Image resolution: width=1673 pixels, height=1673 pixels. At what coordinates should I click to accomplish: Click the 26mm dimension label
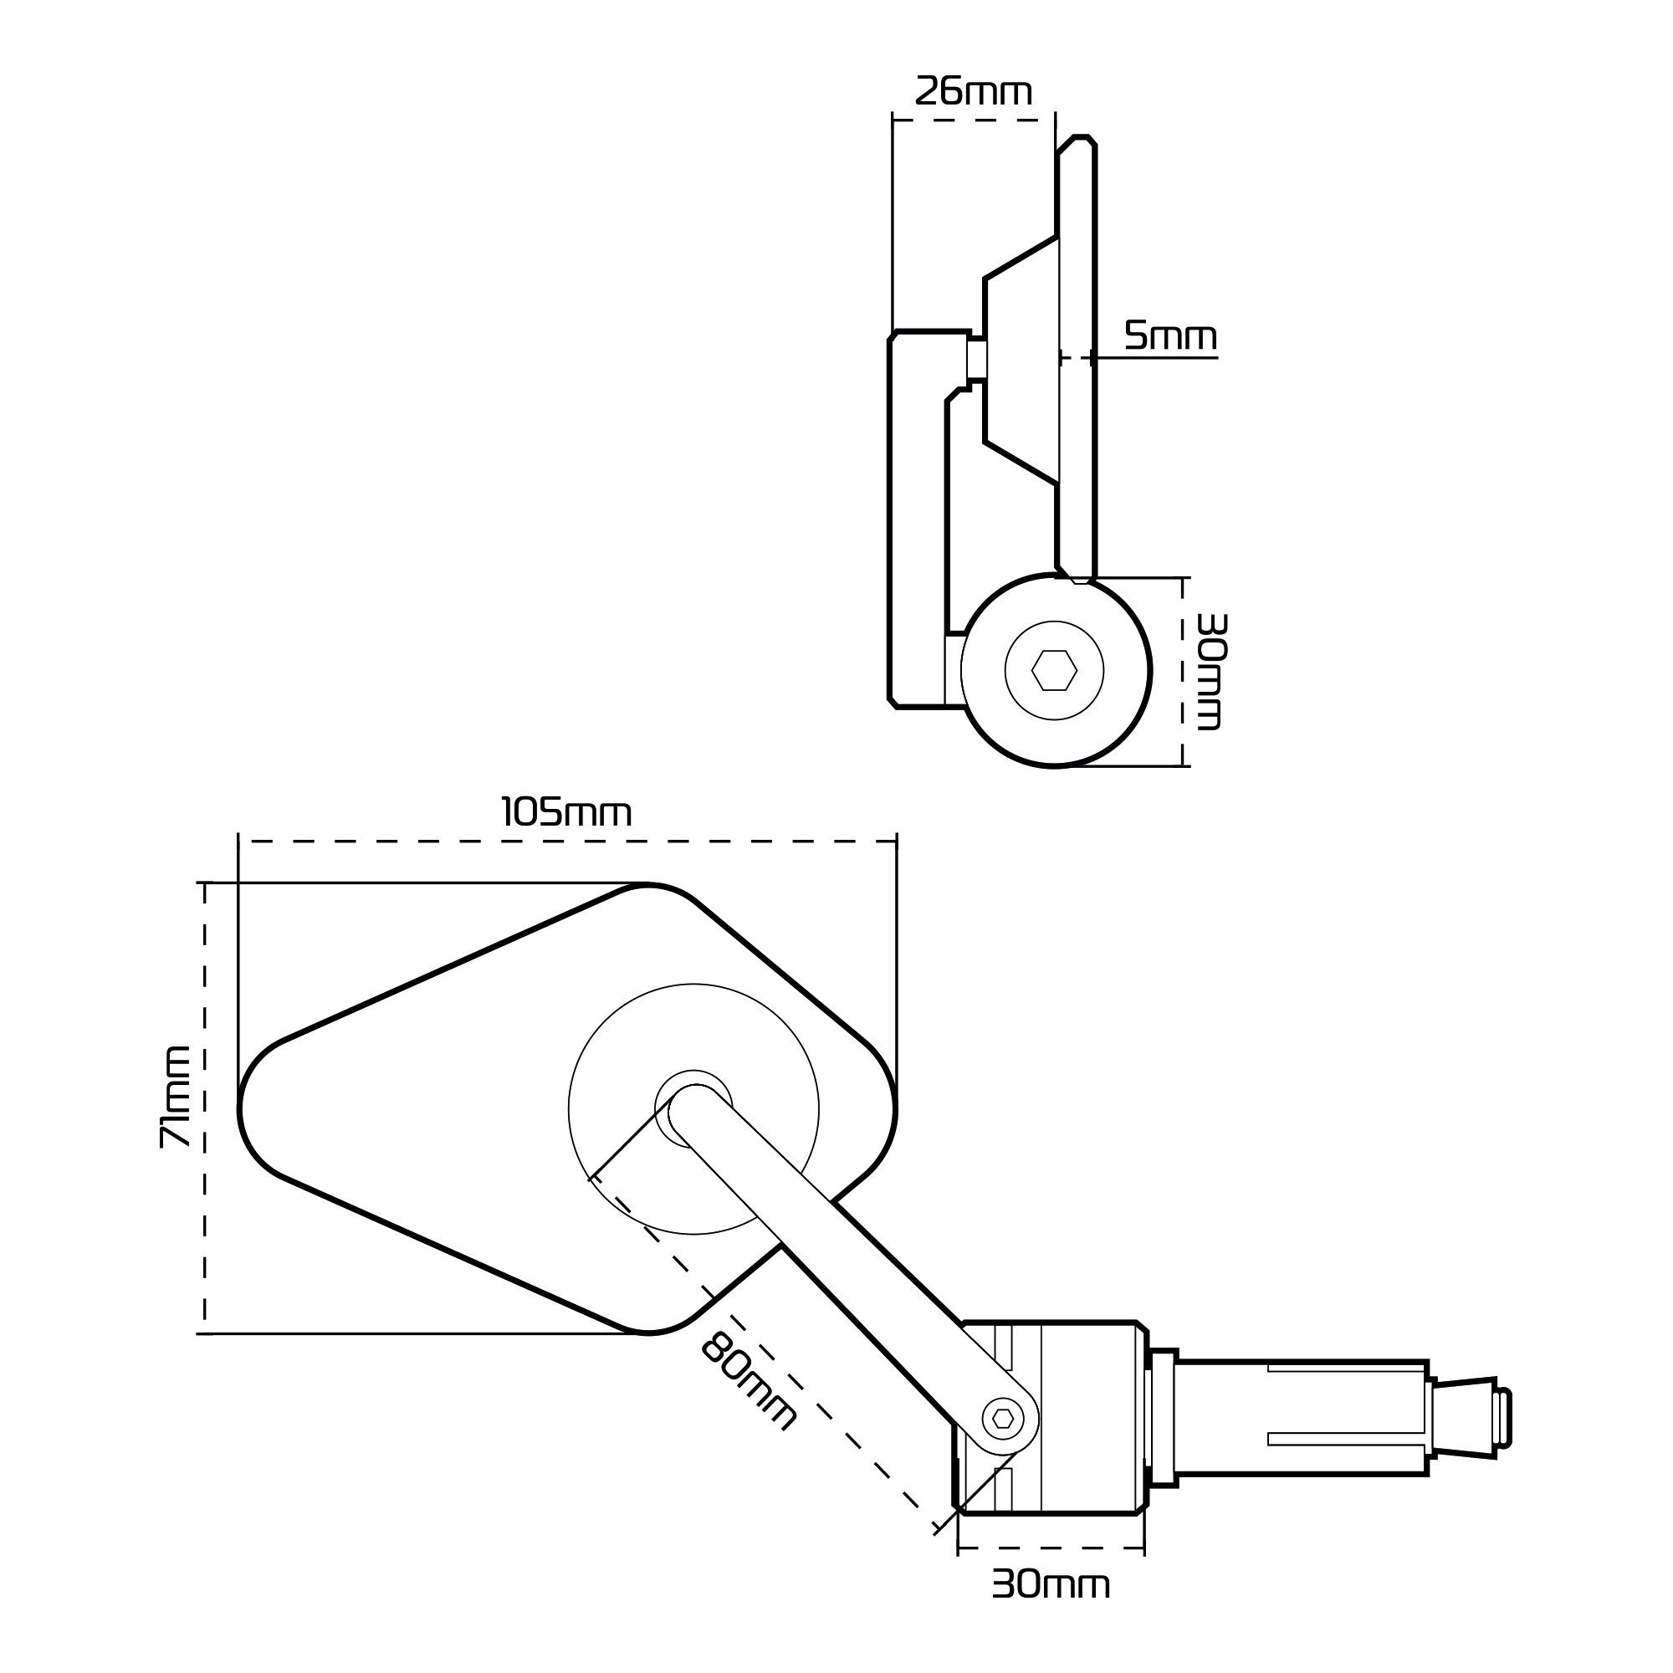pos(974,92)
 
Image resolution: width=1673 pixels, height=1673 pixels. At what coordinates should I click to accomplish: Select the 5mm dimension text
pos(1170,335)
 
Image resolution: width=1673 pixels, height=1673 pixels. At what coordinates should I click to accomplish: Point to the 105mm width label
pos(566,813)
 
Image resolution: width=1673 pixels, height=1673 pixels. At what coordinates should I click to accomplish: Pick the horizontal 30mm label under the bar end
pos(1051,1584)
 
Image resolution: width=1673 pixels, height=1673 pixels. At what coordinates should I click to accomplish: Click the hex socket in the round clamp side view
pos(1054,670)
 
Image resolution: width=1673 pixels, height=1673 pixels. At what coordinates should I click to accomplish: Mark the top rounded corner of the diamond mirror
pos(647,889)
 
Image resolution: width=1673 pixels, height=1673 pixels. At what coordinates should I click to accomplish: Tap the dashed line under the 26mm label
pos(974,120)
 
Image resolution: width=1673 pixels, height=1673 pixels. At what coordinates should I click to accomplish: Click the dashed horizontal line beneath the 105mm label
pos(566,841)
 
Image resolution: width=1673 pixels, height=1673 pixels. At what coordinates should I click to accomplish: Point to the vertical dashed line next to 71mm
pos(205,1108)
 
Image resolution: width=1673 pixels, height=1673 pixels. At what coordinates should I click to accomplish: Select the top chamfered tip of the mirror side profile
pos(1079,141)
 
